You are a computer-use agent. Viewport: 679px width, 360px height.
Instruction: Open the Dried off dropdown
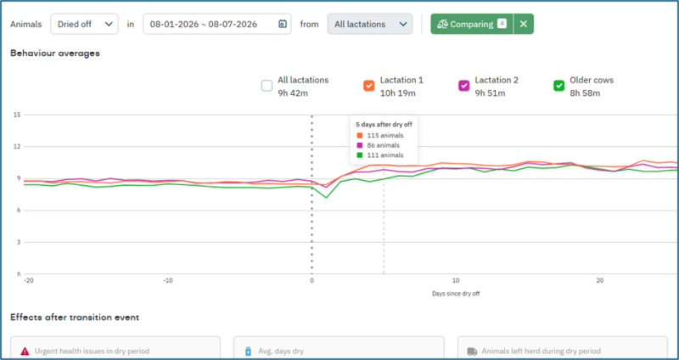[84, 25]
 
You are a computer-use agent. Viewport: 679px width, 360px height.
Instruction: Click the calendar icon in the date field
[282, 25]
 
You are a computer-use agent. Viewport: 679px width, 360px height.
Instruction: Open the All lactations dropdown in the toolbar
[370, 25]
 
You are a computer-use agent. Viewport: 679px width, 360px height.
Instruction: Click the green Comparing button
[472, 25]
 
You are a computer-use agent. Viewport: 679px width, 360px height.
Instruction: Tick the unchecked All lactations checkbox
[267, 86]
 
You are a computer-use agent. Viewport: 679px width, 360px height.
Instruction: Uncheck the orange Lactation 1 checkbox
[369, 86]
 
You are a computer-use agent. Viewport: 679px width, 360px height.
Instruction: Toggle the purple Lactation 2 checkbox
[463, 86]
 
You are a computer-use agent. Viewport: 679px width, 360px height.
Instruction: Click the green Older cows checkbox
[559, 86]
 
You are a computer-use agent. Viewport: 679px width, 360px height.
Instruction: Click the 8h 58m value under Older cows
[585, 93]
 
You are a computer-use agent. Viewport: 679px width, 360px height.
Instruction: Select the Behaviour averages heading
[55, 53]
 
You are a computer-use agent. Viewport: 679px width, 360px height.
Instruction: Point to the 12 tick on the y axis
[18, 146]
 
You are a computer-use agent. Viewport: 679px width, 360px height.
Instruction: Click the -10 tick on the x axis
[168, 280]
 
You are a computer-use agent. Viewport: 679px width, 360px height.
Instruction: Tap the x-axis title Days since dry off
[456, 294]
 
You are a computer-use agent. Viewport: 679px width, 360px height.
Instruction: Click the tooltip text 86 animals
[384, 145]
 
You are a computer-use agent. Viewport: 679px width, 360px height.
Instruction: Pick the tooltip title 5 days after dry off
[384, 124]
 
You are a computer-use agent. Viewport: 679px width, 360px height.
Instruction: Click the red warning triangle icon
[25, 352]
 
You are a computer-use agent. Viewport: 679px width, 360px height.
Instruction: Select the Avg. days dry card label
[279, 352]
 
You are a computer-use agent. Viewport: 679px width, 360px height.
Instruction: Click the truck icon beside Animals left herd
[472, 352]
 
